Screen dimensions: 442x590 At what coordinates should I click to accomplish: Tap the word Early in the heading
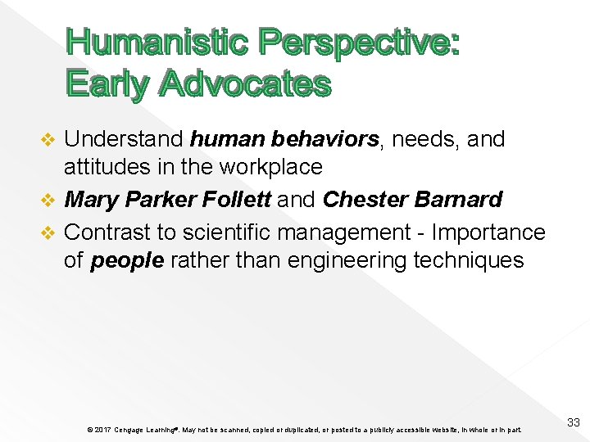point(107,83)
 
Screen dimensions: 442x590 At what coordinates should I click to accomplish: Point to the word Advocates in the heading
point(245,83)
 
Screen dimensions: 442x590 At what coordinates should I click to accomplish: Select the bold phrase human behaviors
point(284,140)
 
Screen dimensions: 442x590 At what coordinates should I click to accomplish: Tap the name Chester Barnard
point(412,200)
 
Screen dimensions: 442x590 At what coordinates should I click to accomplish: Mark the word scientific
point(228,232)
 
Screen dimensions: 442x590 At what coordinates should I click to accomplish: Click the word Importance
point(487,232)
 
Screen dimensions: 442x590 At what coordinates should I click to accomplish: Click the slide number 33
point(574,422)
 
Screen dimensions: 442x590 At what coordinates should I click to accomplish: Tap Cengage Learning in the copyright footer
point(144,429)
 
